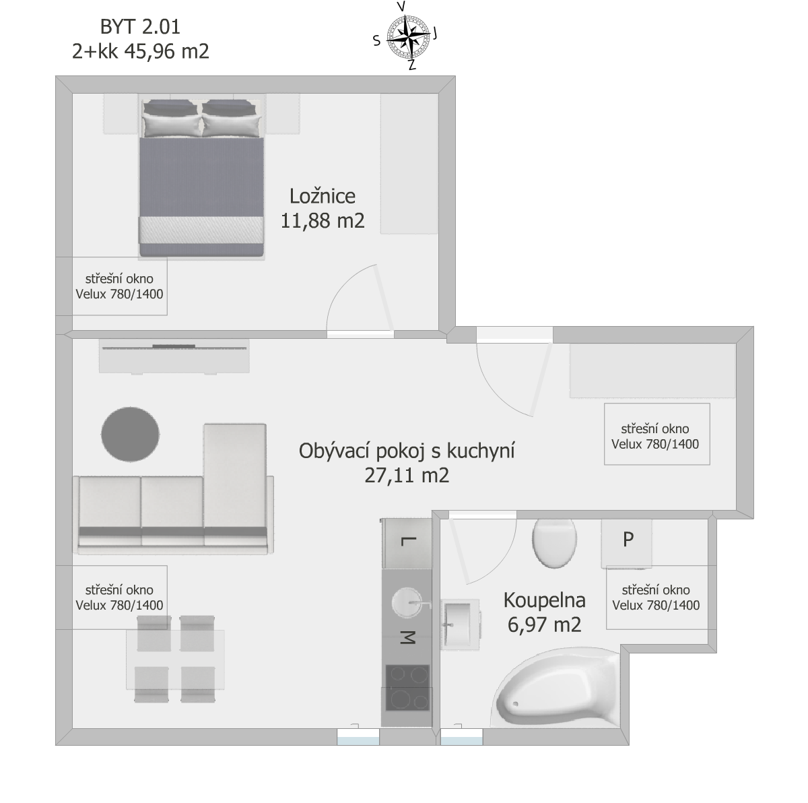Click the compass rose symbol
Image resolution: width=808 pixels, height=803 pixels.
tap(407, 37)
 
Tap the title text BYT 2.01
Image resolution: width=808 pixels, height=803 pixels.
tap(140, 27)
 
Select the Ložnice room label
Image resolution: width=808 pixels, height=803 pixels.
tap(322, 196)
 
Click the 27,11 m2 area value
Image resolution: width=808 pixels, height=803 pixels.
tap(406, 476)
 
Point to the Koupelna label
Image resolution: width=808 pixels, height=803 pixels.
tap(544, 600)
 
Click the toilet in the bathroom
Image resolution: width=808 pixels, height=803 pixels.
tap(554, 543)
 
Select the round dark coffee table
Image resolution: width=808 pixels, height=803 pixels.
tap(130, 435)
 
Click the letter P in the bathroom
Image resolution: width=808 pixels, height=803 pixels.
tap(628, 540)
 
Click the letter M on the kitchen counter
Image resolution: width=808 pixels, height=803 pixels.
tap(407, 638)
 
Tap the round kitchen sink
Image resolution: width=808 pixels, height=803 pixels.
tap(407, 602)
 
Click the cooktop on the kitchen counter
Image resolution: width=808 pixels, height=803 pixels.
tap(407, 687)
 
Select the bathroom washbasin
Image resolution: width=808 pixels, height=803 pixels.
tap(460, 624)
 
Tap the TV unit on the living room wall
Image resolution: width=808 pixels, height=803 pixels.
tap(174, 356)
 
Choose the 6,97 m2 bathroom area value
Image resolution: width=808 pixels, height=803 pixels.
tap(544, 624)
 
